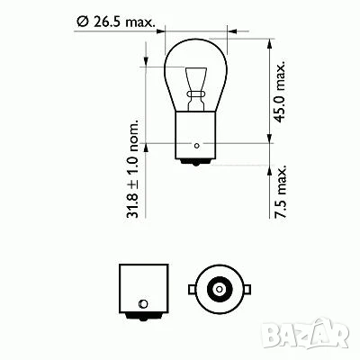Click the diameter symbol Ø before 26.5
point(82,21)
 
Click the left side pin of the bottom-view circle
point(190,289)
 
